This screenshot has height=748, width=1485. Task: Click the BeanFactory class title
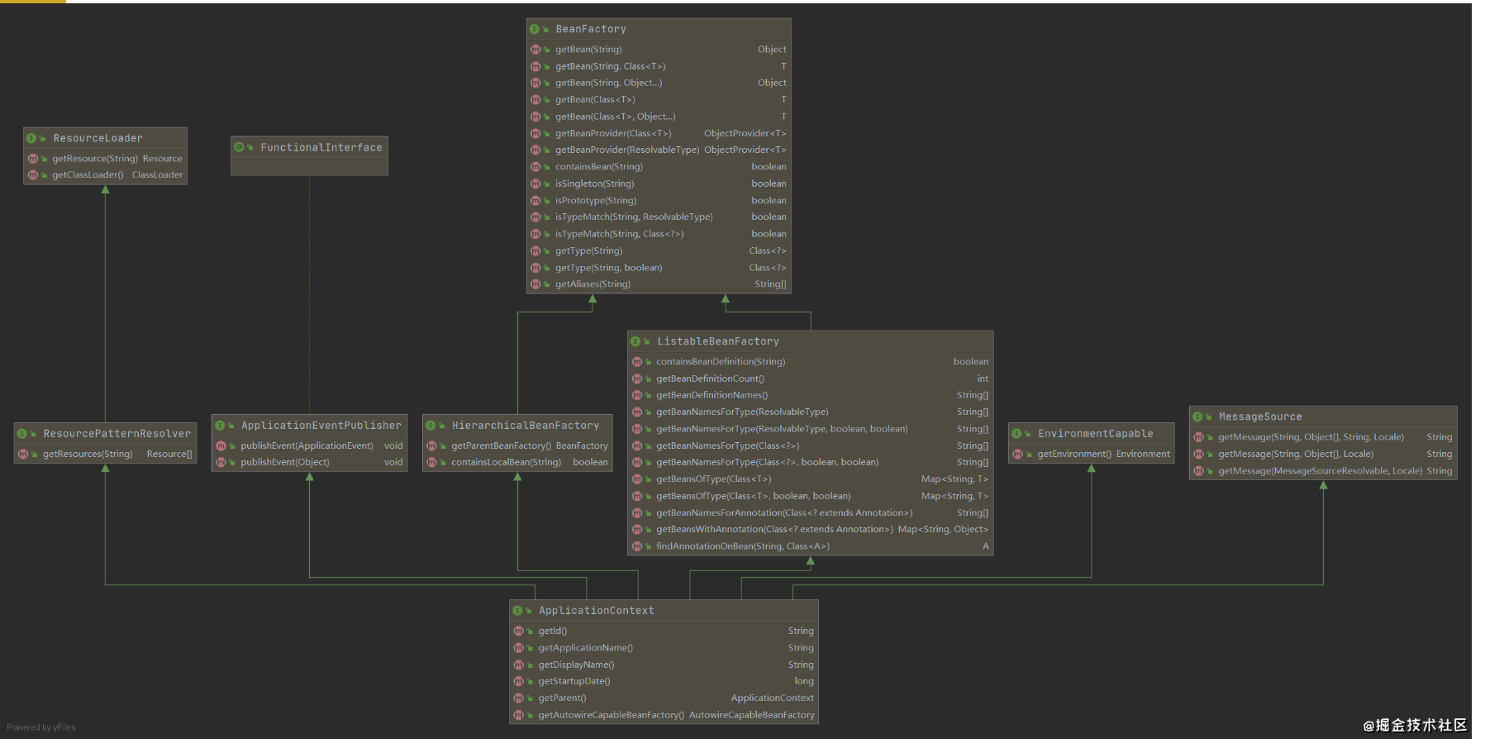590,29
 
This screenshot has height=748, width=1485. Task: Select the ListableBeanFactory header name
717,341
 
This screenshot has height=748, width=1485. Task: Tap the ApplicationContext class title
596,611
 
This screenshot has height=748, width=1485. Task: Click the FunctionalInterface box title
321,148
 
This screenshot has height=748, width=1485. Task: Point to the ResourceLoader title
98,138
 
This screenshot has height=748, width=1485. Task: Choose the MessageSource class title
1259,417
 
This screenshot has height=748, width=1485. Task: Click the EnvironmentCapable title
1095,434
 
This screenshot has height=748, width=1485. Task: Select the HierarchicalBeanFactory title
525,426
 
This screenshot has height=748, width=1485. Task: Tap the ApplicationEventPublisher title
321,426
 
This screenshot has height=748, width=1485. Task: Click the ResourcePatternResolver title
117,434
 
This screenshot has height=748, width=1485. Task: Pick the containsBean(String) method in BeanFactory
598,167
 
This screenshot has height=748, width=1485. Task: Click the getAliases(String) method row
593,284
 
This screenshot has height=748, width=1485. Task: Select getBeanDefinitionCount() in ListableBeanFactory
710,379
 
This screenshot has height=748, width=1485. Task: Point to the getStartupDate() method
574,681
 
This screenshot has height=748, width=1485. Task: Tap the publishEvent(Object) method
284,462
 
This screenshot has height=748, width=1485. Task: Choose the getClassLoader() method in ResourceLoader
88,174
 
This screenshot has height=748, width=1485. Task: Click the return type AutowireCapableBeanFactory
751,715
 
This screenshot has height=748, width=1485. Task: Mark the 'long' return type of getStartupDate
803,681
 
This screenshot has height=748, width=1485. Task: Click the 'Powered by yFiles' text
41,727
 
